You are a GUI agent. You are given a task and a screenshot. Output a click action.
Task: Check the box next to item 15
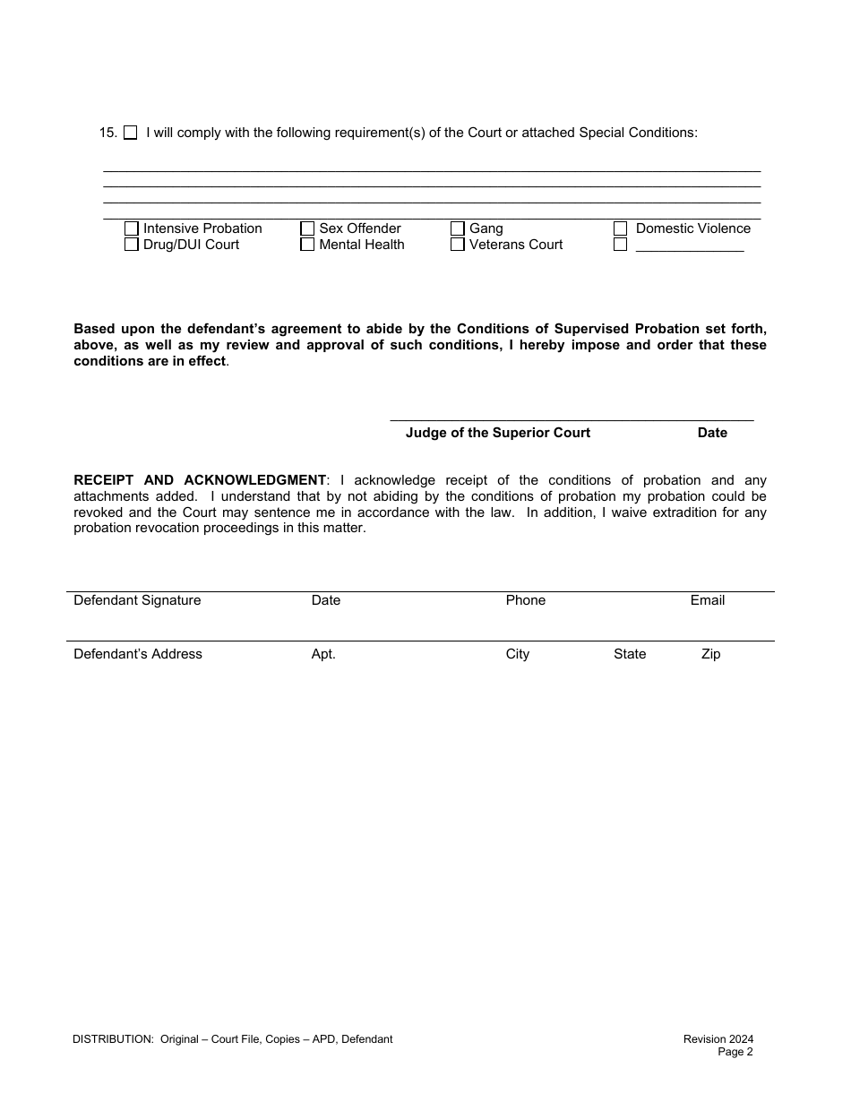click(x=131, y=133)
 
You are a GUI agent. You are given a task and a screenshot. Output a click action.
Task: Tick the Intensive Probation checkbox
click(x=132, y=228)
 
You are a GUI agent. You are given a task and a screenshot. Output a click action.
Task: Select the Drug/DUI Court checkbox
click(x=132, y=245)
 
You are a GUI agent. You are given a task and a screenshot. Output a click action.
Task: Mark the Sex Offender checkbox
click(x=307, y=228)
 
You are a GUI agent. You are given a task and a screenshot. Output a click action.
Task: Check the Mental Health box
click(x=307, y=245)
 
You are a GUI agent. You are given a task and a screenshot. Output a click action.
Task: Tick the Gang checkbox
click(x=458, y=228)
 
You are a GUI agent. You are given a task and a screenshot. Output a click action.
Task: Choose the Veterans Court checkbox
click(x=458, y=245)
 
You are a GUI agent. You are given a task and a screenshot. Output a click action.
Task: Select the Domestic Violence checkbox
click(x=620, y=228)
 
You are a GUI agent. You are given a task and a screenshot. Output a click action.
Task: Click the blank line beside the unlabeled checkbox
click(x=690, y=247)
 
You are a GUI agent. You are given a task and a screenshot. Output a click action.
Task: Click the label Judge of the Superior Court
click(x=498, y=433)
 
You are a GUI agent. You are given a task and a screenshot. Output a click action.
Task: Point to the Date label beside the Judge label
click(x=712, y=433)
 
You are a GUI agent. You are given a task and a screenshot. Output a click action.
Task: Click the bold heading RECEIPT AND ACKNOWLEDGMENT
click(x=200, y=480)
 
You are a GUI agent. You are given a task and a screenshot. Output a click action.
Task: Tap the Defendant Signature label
click(x=137, y=600)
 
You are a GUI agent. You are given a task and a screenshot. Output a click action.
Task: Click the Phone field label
click(x=525, y=600)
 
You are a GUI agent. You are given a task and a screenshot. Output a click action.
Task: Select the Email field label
click(x=707, y=600)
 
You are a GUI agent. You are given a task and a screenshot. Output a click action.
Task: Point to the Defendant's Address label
click(x=138, y=654)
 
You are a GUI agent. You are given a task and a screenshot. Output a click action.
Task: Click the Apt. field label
click(x=323, y=654)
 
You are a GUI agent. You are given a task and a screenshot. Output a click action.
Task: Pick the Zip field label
click(x=710, y=654)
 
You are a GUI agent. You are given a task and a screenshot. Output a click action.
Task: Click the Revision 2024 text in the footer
click(x=718, y=1039)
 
